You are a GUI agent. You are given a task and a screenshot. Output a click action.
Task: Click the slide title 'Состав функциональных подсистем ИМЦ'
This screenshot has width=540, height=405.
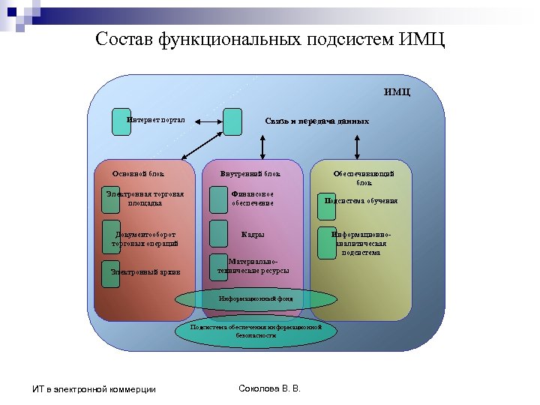(270, 38)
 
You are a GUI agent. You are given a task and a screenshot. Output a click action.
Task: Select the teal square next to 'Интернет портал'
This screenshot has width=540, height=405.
(121, 121)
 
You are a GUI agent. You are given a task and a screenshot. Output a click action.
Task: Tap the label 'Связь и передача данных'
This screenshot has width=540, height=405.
(316, 120)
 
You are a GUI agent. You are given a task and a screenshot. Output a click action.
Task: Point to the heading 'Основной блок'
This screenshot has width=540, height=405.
(138, 174)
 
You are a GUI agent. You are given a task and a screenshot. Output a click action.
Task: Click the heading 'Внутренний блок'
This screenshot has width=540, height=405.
(250, 174)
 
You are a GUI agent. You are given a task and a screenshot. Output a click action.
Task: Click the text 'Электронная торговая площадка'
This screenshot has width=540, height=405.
(144, 198)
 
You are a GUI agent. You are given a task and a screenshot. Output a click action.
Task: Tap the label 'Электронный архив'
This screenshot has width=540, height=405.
(145, 271)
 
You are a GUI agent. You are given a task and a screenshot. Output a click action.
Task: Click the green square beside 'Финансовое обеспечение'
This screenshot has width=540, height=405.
(219, 198)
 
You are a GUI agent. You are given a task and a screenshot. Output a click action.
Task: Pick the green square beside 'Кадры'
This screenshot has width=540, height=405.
(219, 234)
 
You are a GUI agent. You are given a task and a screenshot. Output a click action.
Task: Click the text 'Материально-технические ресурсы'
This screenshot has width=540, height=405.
(253, 265)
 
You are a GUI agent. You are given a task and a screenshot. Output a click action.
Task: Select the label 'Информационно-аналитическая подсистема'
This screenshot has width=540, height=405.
(362, 243)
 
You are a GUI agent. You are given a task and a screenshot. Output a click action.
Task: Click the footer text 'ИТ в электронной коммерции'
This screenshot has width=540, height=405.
(94, 388)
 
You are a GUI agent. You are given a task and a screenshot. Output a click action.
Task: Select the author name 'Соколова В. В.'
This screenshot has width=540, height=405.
(268, 388)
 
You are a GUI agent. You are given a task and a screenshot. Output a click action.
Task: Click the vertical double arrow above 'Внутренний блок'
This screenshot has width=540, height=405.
(262, 146)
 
